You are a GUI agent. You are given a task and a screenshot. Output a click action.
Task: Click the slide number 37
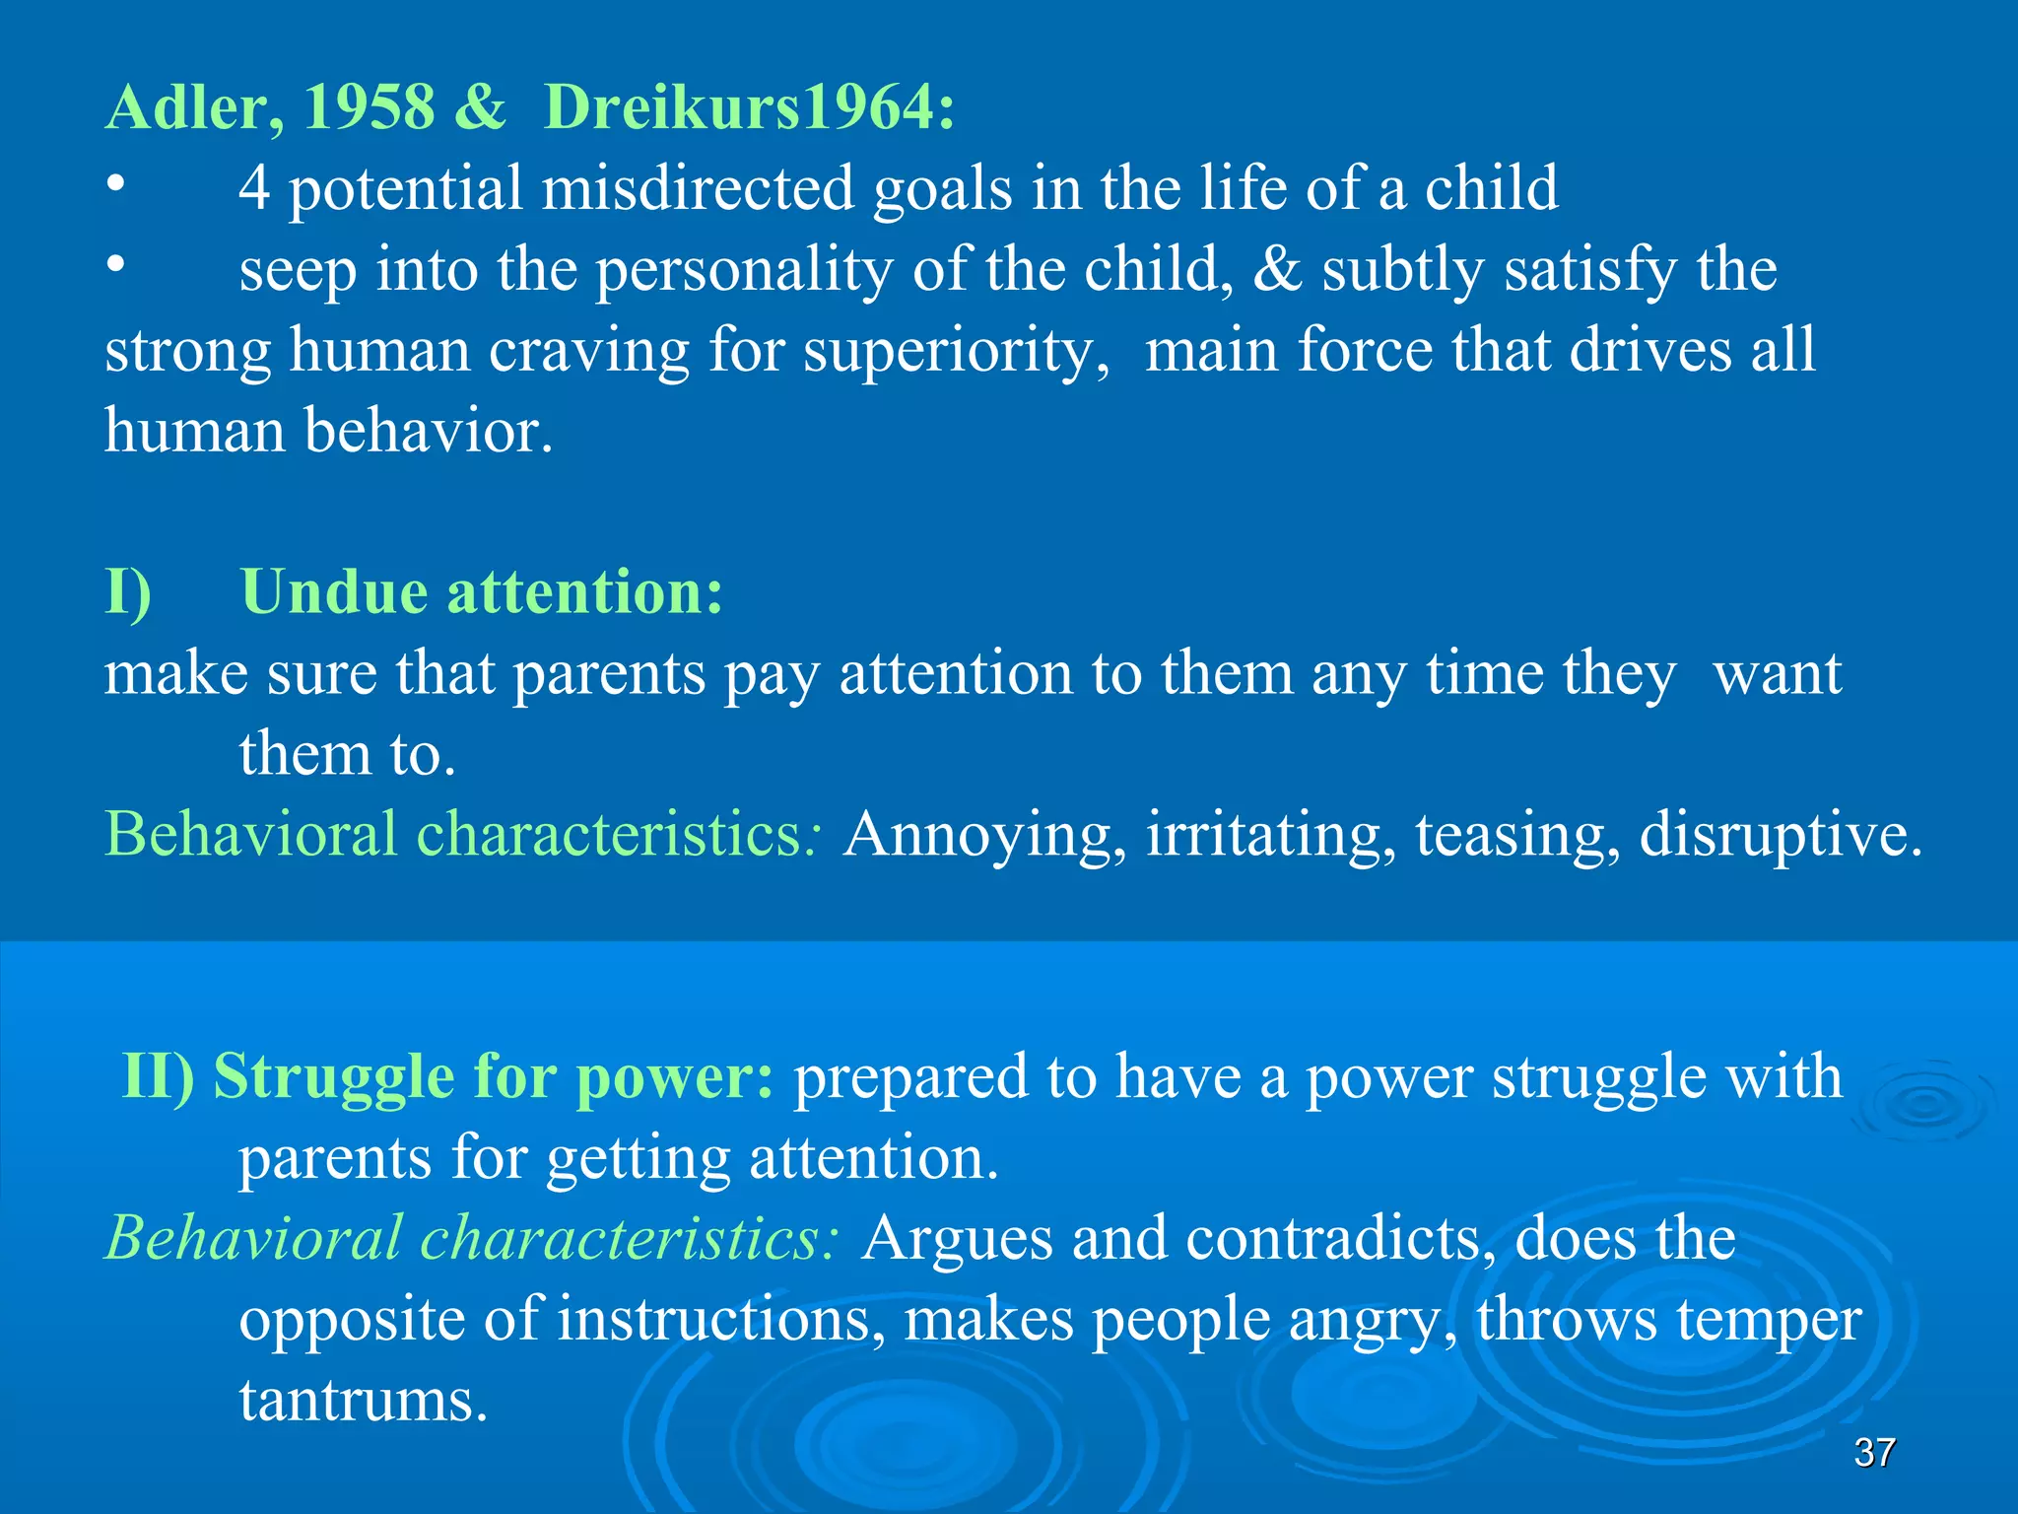point(1874,1452)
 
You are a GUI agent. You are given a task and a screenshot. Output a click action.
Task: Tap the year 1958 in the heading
point(369,106)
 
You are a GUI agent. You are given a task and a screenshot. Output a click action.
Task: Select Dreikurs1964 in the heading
point(749,106)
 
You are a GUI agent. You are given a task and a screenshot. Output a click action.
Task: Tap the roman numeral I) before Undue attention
point(128,593)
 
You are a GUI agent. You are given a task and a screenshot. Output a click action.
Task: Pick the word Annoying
point(985,836)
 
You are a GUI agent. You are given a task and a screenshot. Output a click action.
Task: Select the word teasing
point(1517,836)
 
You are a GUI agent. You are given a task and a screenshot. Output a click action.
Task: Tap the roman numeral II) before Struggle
point(158,1075)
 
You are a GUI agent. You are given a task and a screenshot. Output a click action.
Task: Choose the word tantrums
point(364,1400)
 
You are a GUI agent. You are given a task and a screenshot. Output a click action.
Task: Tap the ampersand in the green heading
point(480,106)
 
